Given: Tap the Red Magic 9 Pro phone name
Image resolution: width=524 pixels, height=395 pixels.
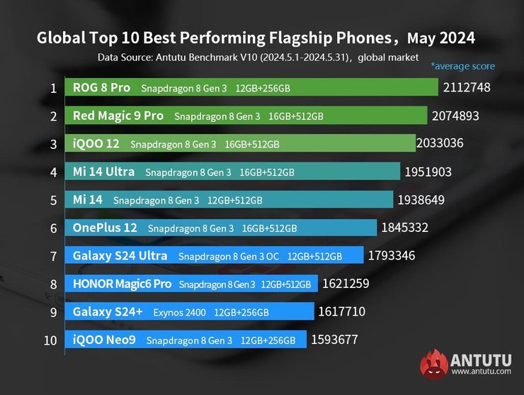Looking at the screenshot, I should [x=118, y=116].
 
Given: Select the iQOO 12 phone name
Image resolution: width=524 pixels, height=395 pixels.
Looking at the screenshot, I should [x=96, y=143].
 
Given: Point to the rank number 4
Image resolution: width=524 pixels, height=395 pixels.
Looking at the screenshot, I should [x=53, y=172].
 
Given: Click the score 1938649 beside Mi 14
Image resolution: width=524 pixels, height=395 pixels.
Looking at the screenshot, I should [x=421, y=200].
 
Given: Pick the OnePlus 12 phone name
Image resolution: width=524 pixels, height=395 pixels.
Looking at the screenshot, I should [x=105, y=228].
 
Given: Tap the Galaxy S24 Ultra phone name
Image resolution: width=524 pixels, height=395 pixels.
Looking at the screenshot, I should [x=120, y=255].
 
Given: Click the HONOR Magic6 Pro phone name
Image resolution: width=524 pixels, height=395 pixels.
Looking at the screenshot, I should [x=122, y=284].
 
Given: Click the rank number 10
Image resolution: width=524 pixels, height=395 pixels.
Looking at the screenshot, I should [x=50, y=340].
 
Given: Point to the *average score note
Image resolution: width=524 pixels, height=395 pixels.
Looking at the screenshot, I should [x=462, y=66].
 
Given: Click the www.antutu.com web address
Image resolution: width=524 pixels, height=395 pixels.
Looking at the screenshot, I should [x=481, y=371].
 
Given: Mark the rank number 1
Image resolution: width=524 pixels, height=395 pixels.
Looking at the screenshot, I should [x=53, y=89].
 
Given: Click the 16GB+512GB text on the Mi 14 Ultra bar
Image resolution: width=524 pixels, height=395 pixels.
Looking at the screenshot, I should [x=267, y=172].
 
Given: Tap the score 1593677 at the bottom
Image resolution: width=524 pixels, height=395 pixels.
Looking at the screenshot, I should [x=334, y=340].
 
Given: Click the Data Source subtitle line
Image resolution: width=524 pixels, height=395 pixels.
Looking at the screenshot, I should [x=258, y=57].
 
